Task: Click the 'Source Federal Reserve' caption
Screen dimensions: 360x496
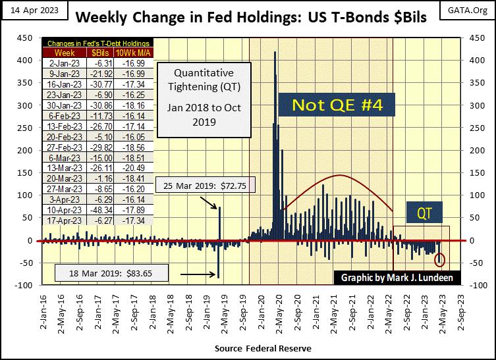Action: click(263, 347)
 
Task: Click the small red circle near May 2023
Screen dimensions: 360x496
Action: click(440, 260)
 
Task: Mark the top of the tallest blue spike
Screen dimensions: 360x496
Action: click(275, 52)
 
